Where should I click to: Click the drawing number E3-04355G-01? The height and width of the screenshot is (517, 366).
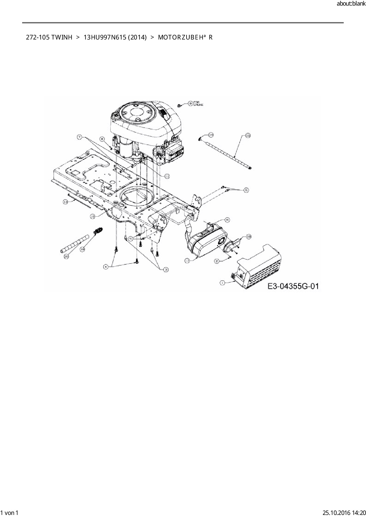click(293, 286)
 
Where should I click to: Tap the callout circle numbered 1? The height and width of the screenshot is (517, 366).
click(222, 283)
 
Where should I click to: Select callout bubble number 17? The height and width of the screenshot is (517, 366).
click(187, 261)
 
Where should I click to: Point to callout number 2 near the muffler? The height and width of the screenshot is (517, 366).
click(217, 261)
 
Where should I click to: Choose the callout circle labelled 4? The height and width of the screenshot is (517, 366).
click(105, 267)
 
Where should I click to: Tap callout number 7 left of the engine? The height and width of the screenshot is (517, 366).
click(79, 137)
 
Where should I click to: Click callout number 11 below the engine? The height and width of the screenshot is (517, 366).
click(167, 176)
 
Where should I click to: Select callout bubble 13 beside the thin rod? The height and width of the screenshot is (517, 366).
click(66, 202)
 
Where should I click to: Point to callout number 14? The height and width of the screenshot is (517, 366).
click(211, 135)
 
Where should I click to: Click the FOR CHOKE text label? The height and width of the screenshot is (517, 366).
click(198, 104)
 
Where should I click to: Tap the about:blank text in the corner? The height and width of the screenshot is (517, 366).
click(351, 4)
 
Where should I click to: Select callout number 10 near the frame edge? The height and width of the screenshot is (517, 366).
click(92, 216)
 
